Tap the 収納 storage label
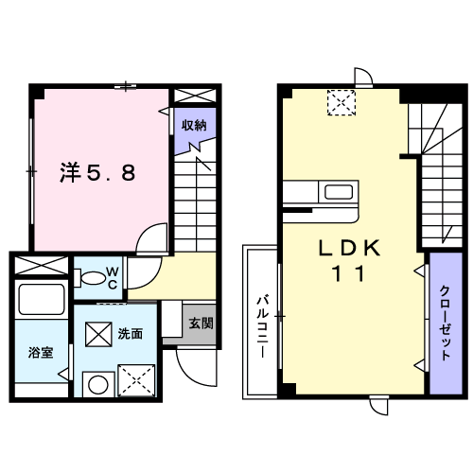click(x=195, y=124)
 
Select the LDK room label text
click(x=348, y=248)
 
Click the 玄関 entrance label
click(x=201, y=322)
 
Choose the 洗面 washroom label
click(x=131, y=334)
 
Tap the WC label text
click(x=111, y=277)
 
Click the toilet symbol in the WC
click(x=93, y=278)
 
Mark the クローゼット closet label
click(x=442, y=324)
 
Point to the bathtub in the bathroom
click(x=41, y=302)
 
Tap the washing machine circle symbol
click(x=95, y=384)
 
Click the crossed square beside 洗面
click(x=98, y=334)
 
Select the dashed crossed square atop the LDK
click(x=340, y=101)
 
